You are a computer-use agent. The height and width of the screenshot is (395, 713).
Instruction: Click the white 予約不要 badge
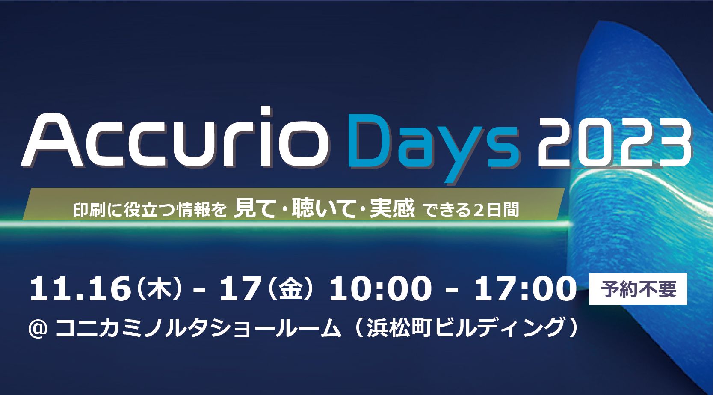pyautogui.click(x=638, y=289)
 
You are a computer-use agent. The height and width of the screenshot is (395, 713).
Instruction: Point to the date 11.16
pyautogui.click(x=80, y=290)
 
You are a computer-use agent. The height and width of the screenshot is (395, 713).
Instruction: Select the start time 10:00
pyautogui.click(x=381, y=290)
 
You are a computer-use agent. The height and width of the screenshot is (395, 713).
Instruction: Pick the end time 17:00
pyautogui.click(x=526, y=290)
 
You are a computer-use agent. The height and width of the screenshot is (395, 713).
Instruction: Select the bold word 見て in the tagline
pyautogui.click(x=254, y=208)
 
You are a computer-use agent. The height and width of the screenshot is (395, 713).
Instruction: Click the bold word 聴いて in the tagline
pyautogui.click(x=323, y=208)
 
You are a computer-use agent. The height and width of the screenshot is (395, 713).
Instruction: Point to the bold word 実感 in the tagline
pyautogui.click(x=393, y=208)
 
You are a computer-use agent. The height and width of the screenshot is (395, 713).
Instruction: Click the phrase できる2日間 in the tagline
pyautogui.click(x=472, y=210)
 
